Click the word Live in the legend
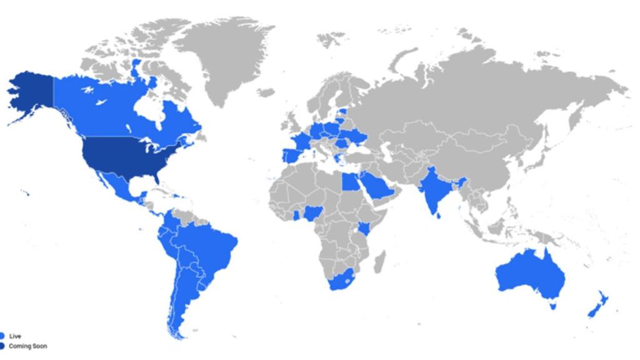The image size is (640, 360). pos(14,336)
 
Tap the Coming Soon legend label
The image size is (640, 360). pos(27,346)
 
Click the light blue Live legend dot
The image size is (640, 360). pos(2,336)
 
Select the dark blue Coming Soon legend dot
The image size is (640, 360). pos(2,346)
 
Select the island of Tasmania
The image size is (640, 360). pos(551,306)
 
